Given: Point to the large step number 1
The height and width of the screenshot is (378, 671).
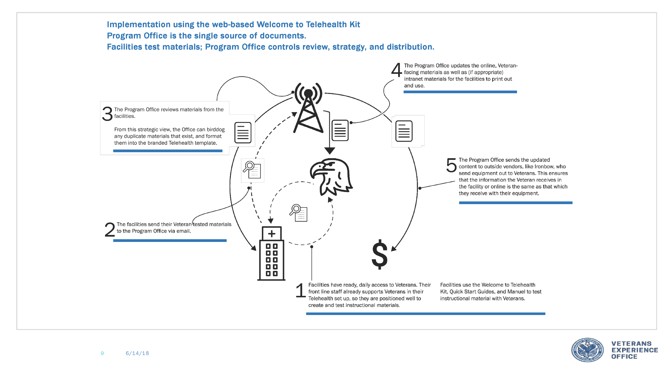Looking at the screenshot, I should click(x=301, y=291).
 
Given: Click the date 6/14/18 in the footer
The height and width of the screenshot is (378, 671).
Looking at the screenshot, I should click(x=137, y=353).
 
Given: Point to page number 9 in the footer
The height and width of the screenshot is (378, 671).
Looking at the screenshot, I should click(x=102, y=353).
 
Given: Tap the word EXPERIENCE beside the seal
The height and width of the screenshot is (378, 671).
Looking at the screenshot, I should click(x=635, y=350).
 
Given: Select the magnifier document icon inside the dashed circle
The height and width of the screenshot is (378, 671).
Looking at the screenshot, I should click(x=299, y=213).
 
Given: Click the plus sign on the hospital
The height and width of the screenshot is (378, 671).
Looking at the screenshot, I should click(x=271, y=234).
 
